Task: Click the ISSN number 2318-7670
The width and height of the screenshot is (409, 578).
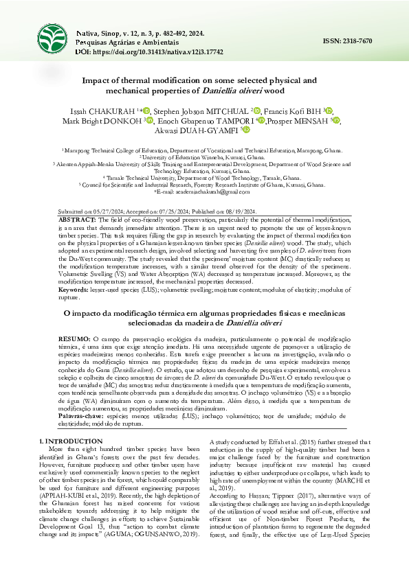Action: (x=358, y=42)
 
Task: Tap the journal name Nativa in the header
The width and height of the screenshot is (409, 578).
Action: (x=87, y=33)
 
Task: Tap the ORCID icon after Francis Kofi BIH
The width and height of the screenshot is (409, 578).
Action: (x=329, y=110)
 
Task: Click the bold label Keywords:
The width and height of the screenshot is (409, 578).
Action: (x=74, y=291)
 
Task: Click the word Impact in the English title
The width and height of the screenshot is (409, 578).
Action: (x=102, y=80)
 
